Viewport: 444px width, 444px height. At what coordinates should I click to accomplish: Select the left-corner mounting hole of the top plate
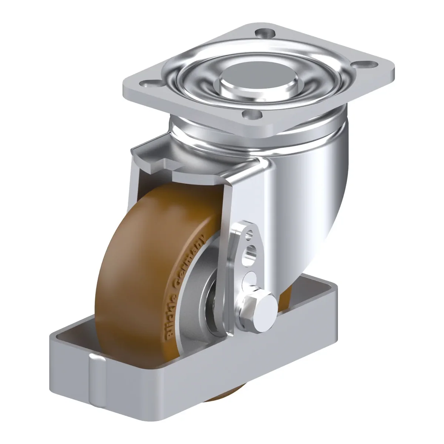point(149,83)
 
